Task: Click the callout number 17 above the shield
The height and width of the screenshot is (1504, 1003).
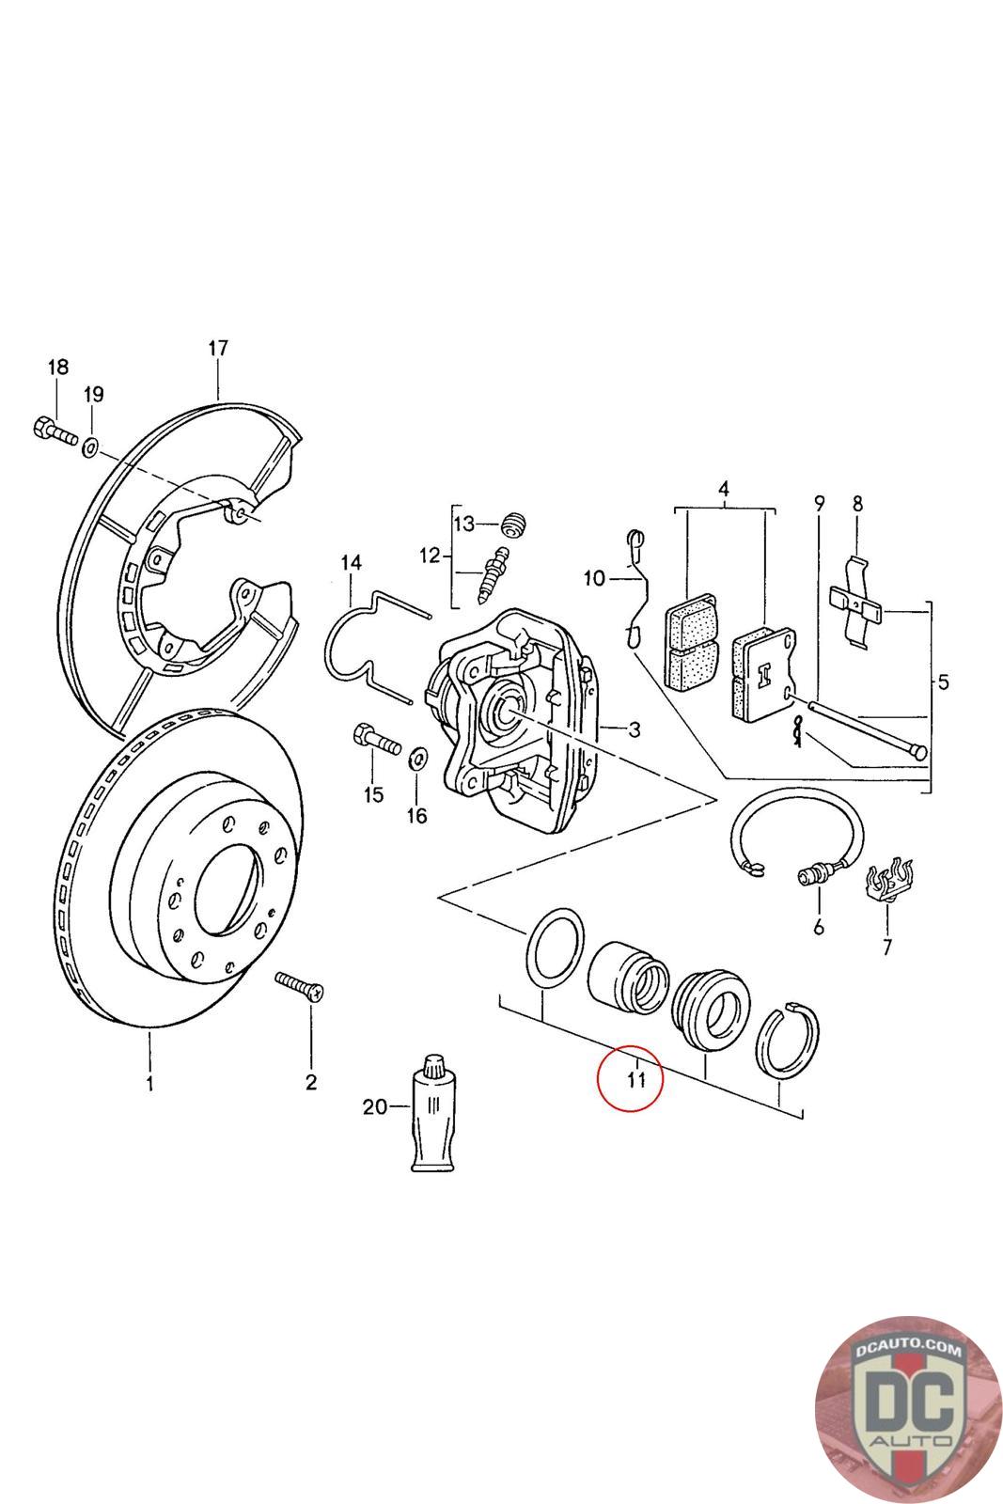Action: coord(217,349)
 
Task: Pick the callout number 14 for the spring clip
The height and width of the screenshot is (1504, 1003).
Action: coord(351,563)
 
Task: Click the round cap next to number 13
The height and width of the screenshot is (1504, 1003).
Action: coord(512,524)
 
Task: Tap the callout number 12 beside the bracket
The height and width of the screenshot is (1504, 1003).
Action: coord(430,556)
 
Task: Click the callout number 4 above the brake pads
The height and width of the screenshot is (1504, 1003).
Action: coord(723,489)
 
